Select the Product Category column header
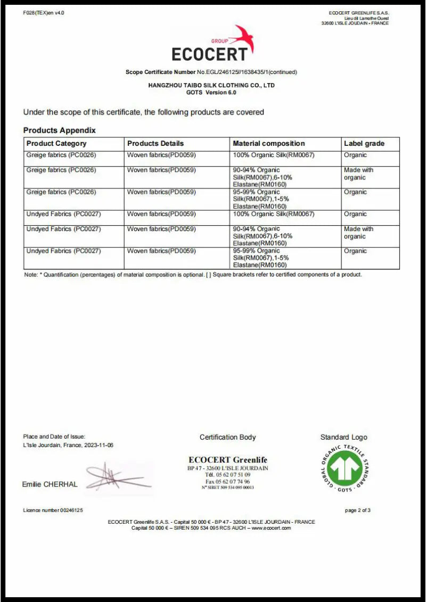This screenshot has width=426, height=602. point(56,143)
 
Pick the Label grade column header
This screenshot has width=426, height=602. point(364,143)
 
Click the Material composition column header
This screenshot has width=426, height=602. point(269,143)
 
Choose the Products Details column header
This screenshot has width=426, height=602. point(155,143)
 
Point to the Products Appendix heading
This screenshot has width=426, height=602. point(60,130)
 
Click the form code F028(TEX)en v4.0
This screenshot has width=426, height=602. point(44,13)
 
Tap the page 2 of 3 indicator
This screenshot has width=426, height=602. point(358,510)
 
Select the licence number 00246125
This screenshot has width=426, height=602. point(53,510)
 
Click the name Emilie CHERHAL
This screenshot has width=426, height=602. point(50,484)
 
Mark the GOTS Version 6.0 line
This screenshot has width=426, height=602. point(211,92)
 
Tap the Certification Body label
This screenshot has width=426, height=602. point(227,437)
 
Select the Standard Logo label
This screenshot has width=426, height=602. point(343,437)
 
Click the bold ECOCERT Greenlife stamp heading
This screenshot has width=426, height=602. point(228,460)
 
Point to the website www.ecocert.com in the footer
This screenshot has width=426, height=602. point(271,527)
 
